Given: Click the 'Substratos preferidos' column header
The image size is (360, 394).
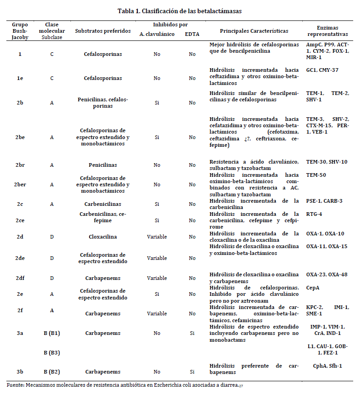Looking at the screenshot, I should [103, 31].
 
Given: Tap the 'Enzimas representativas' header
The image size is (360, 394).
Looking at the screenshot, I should [327, 31].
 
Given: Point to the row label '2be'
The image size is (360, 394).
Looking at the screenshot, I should [20, 137].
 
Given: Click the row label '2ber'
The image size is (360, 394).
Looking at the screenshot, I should [20, 185].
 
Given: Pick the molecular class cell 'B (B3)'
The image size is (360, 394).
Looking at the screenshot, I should [52, 353].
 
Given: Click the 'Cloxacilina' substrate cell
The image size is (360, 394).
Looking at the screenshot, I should [103, 237].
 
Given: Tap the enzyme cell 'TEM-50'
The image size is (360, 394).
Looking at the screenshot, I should [316, 175].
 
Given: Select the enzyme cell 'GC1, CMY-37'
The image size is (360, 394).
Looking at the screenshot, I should [322, 70].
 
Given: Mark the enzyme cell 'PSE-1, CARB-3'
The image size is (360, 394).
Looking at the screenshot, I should [324, 201].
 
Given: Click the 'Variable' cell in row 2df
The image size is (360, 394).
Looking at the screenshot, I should [157, 278].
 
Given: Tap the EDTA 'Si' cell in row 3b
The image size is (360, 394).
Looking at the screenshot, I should [192, 372].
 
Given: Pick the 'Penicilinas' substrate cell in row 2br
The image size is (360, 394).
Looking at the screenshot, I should [103, 165].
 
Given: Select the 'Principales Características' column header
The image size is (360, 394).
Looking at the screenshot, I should [254, 31].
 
